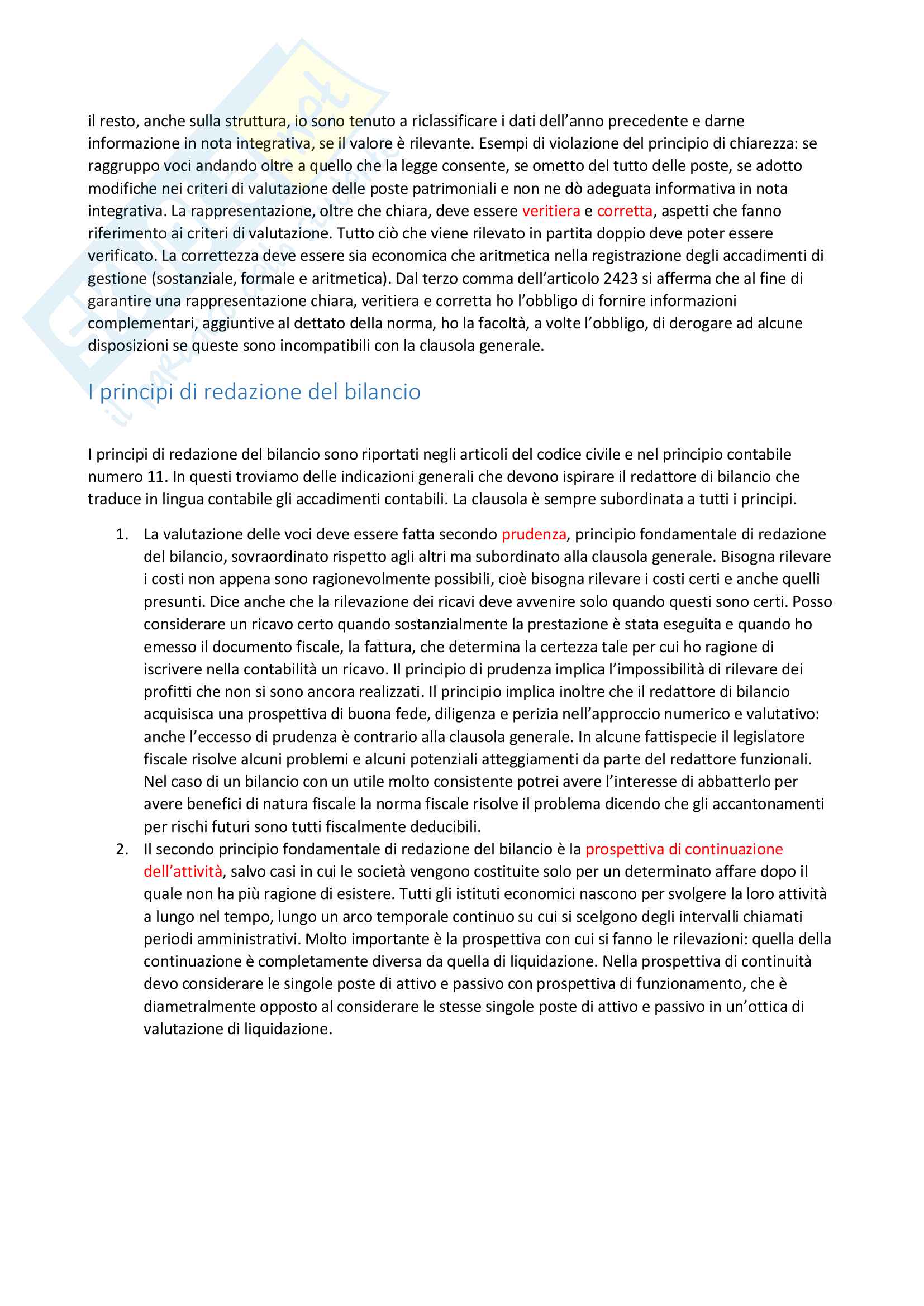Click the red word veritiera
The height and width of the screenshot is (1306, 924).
pyautogui.click(x=551, y=211)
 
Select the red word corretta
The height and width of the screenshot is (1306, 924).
pyautogui.click(x=624, y=211)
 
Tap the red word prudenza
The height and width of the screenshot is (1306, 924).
pyautogui.click(x=533, y=534)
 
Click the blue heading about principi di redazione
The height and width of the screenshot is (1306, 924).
pyautogui.click(x=254, y=392)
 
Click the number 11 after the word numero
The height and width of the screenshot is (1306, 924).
pyautogui.click(x=155, y=477)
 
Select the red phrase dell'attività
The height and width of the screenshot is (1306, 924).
pyautogui.click(x=183, y=872)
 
